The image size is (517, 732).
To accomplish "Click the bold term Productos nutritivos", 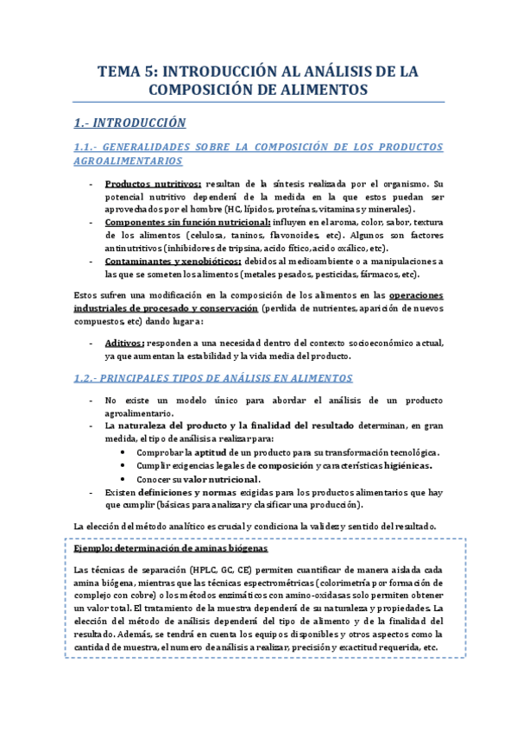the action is tap(152, 184).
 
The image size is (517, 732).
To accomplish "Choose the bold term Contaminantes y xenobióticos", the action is tap(172, 262).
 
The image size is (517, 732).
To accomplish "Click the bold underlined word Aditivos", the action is tap(124, 342).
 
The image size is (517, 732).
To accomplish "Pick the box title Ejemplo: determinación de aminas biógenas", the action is tap(171, 549).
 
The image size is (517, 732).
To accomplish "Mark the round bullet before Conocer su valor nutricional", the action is tap(128, 479).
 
